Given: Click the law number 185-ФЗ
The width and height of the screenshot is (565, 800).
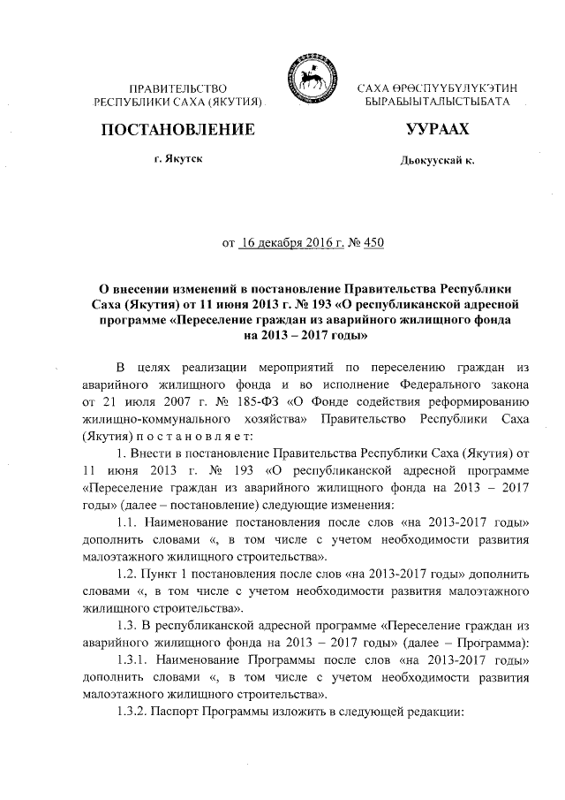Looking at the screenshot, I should click(247, 401).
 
